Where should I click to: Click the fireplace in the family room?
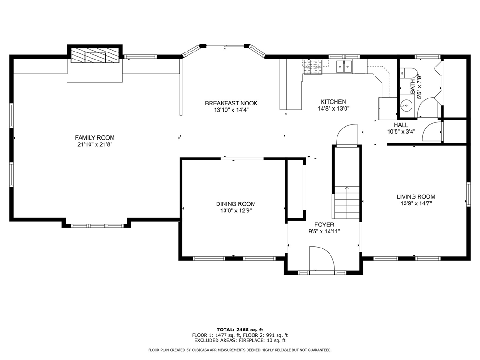pos(95,55)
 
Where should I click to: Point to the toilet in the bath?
pos(408,73)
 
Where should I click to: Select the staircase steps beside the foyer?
pos(346,202)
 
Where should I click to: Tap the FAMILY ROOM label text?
pos(95,138)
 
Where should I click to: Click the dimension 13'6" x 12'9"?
pos(236,211)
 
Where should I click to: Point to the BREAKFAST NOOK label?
pos(231,103)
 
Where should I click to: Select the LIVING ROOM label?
pos(416,197)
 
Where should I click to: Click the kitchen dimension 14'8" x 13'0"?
pos(333,109)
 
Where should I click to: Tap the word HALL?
pos(401,125)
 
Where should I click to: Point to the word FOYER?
pos(324,225)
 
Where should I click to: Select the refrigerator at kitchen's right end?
pos(387,108)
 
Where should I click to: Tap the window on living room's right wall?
pos(468,194)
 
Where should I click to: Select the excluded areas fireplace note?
pos(240,341)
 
